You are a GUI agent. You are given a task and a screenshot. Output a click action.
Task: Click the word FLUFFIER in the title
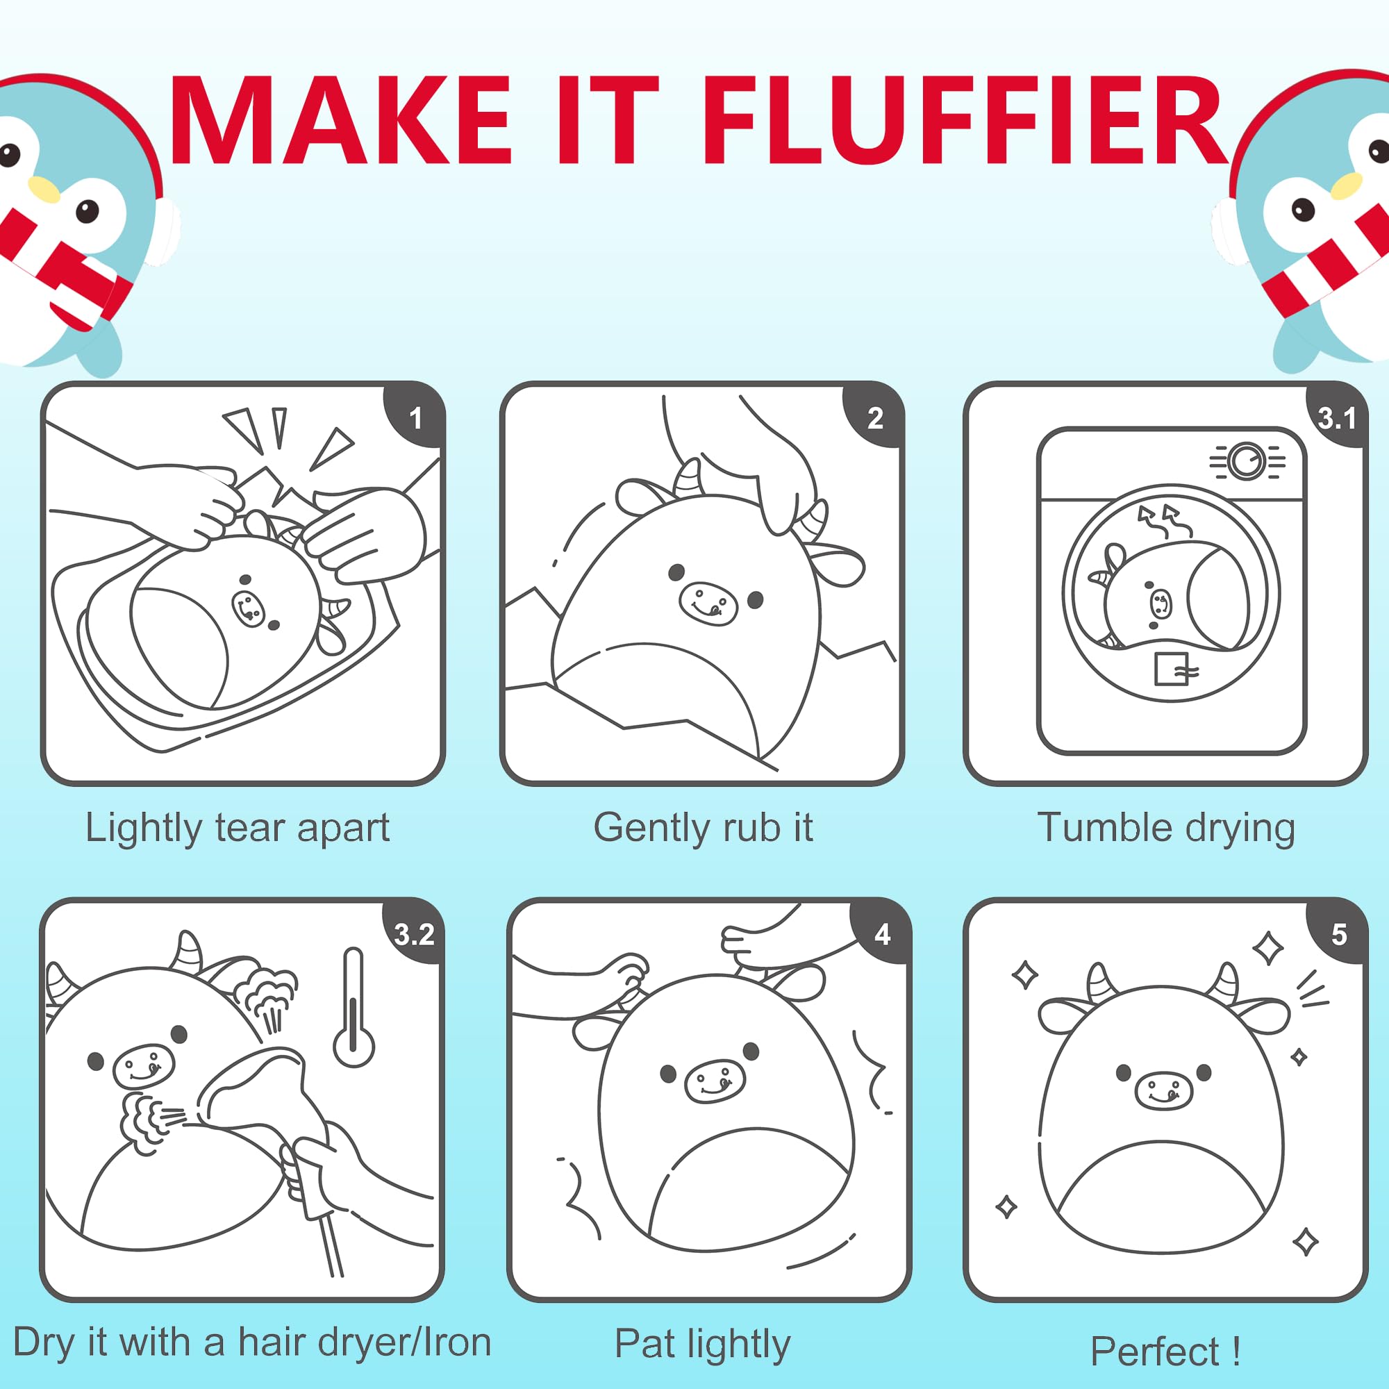(964, 120)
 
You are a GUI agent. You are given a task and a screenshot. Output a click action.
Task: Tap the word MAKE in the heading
(341, 120)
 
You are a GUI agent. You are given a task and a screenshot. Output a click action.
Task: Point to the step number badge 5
(1339, 934)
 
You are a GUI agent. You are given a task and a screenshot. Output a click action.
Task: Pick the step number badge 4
(881, 934)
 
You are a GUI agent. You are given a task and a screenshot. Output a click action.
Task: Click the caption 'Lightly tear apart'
(238, 829)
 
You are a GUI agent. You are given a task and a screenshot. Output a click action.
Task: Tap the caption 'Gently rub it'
(703, 829)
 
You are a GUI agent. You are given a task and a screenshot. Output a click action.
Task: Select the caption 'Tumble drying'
(1166, 829)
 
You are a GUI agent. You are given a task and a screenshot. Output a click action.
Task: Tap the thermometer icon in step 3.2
(354, 1008)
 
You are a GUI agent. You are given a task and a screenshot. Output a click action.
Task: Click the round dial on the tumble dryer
(1246, 462)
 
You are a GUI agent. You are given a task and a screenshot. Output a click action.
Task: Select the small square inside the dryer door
(1171, 669)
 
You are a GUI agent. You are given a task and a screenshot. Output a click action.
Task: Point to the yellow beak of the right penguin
(1346, 186)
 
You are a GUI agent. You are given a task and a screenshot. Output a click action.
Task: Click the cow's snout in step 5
(1163, 1090)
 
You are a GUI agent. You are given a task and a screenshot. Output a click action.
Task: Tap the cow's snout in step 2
(708, 602)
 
